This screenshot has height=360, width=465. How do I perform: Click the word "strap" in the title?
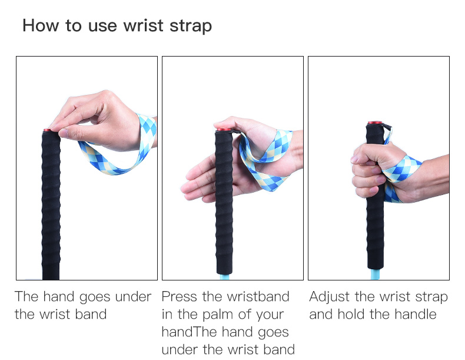coord(191,26)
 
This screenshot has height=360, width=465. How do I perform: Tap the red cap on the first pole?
coord(47,130)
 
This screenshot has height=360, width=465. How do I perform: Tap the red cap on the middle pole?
coord(224,129)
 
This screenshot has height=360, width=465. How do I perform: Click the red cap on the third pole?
coord(375,123)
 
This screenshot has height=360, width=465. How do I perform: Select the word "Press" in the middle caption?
coord(179,296)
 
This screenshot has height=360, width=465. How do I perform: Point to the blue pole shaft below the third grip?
coord(374,274)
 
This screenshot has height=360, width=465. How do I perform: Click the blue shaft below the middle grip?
coord(224,277)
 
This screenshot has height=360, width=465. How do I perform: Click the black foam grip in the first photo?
coord(51,206)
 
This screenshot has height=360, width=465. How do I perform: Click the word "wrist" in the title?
coord(143,25)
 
